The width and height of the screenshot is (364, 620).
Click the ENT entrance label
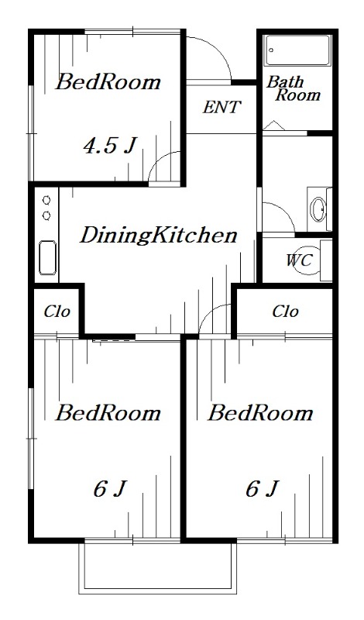click(x=221, y=107)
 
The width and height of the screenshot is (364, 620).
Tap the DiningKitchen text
click(x=159, y=235)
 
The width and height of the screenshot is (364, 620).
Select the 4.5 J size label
click(x=109, y=145)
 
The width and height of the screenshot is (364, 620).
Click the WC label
click(x=299, y=260)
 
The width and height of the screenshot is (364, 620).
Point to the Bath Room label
click(x=293, y=88)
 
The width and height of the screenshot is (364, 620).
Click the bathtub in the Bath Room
click(x=297, y=50)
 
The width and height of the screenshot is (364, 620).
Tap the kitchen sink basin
click(x=47, y=257)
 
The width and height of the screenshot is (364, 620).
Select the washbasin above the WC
click(x=318, y=208)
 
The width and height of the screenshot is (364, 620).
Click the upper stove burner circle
click(x=46, y=201)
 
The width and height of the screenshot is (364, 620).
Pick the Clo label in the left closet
click(x=57, y=312)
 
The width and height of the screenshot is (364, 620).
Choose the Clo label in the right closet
click(x=285, y=312)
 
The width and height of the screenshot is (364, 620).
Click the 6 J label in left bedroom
click(x=109, y=489)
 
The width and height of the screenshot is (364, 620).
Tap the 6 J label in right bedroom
click(x=262, y=489)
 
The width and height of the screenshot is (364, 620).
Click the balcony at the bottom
click(x=158, y=567)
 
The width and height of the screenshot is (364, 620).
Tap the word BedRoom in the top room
click(x=108, y=82)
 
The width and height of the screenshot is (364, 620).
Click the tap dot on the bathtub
click(x=272, y=50)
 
